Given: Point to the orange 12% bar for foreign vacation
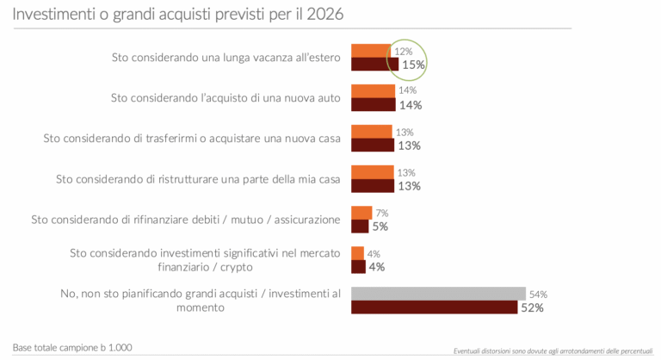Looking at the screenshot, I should (370, 51).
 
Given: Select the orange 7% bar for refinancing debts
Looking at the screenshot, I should (361, 213).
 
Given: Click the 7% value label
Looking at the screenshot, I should (382, 213).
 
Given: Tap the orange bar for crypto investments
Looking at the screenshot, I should (358, 253).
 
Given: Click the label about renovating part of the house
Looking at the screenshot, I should (198, 179).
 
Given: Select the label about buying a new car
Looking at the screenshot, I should (225, 98).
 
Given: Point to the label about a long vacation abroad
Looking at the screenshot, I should (226, 58).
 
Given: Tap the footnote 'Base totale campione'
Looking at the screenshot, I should (72, 346).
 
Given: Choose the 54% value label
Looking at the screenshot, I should (538, 294).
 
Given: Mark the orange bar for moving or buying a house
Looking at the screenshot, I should (372, 132).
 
